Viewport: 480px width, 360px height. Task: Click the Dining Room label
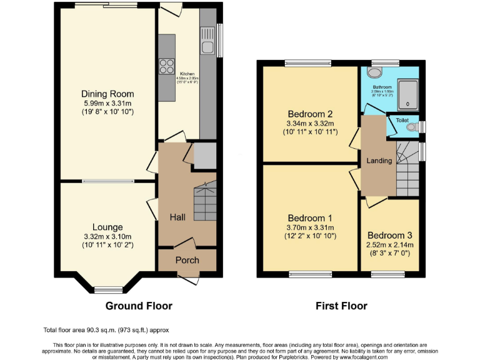(107, 94)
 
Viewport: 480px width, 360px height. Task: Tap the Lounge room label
(107, 227)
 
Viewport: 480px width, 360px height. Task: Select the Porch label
(187, 260)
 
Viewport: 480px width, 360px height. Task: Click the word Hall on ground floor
(177, 217)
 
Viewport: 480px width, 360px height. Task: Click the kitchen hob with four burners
(167, 65)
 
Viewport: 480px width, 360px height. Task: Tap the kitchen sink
(208, 46)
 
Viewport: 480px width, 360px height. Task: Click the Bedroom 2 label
(309, 114)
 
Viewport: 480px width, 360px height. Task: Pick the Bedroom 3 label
(390, 235)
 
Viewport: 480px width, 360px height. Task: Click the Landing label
(379, 161)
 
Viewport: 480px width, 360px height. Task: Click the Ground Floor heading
(139, 306)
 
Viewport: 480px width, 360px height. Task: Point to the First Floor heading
(341, 306)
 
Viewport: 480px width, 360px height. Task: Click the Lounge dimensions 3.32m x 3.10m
(107, 236)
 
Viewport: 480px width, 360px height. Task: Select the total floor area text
(106, 329)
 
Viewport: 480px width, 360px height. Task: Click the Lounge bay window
(109, 289)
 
